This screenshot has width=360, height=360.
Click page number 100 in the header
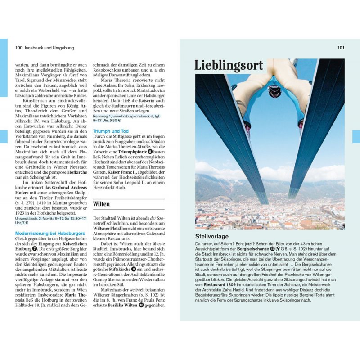coord(18,48)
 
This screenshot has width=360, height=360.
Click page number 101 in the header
coord(341,48)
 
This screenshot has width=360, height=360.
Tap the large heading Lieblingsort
coord(229,66)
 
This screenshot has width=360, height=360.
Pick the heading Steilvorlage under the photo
coord(212,236)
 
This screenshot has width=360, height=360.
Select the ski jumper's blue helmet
coord(273,86)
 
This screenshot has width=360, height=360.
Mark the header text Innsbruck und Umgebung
coord(49,48)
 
